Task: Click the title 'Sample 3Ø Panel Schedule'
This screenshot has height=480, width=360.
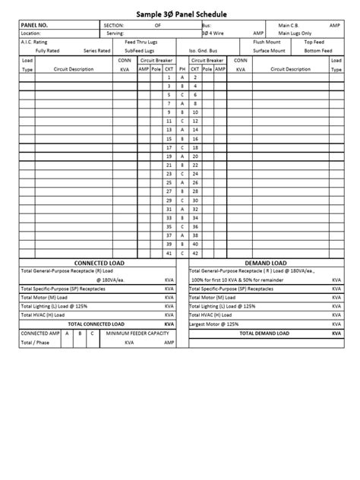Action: (180, 14)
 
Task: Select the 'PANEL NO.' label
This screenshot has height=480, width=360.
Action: (34, 26)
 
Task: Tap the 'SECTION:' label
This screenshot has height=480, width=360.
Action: (114, 26)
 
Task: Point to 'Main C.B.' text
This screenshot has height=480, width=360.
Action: (290, 26)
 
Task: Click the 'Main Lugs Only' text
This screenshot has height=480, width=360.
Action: (295, 33)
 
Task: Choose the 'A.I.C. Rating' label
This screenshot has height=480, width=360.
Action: (34, 43)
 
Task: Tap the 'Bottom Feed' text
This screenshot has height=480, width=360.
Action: (317, 51)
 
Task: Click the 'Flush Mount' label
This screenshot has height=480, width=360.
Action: (267, 43)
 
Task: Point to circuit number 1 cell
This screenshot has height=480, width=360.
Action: (169, 77)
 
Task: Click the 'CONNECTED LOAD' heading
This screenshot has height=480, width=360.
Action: (99, 262)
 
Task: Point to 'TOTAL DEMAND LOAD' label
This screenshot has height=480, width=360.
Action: (264, 333)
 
